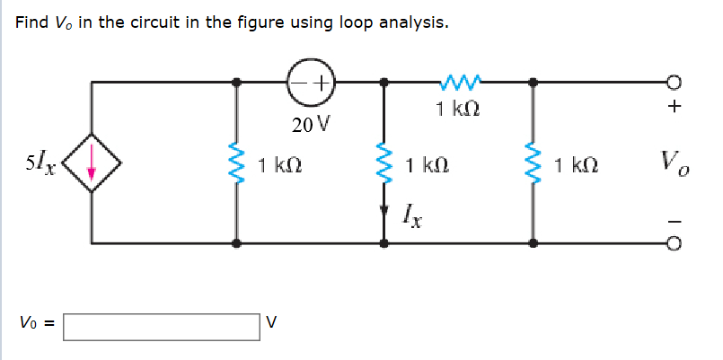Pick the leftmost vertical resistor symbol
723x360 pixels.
(236, 164)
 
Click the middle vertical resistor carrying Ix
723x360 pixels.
(385, 164)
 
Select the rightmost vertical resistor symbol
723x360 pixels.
(534, 164)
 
